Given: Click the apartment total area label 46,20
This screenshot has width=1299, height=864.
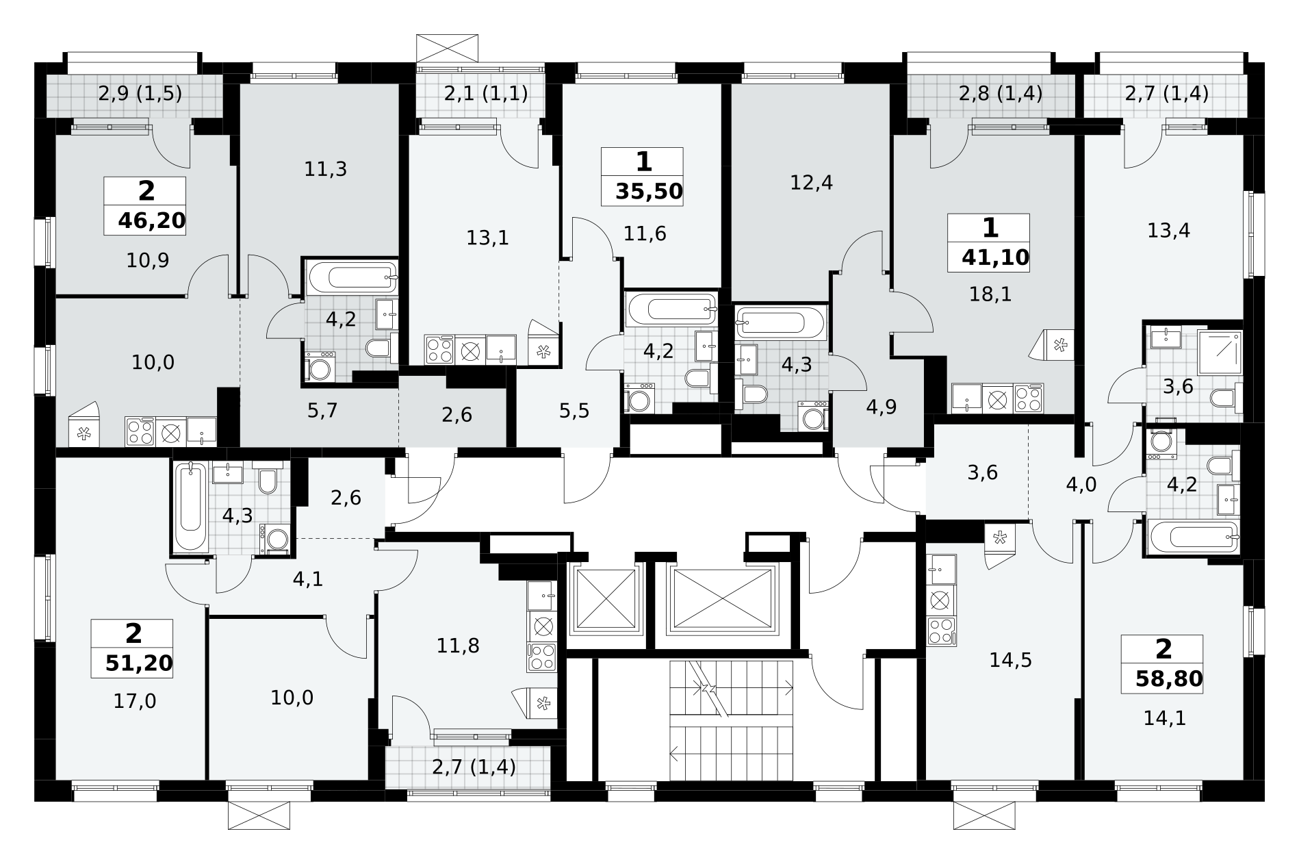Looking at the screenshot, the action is tap(152, 220).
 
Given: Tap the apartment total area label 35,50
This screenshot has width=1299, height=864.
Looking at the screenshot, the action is tap(649, 191).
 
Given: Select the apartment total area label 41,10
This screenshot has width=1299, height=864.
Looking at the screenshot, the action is tap(995, 257).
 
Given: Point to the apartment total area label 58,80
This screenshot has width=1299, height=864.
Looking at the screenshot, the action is tap(1168, 678).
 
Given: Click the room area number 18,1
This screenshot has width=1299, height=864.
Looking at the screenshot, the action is tap(990, 294).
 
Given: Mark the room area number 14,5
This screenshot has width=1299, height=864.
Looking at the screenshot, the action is tap(1010, 660).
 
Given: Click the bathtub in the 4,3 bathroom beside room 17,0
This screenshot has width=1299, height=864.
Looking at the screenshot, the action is tap(191, 507).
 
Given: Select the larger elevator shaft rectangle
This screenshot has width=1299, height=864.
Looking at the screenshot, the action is tap(723, 598).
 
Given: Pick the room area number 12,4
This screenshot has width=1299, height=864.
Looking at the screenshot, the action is tap(811, 183).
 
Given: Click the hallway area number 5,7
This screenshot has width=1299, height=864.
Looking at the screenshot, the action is tap(322, 411).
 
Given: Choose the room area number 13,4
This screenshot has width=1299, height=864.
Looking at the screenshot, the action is tap(1168, 231).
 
